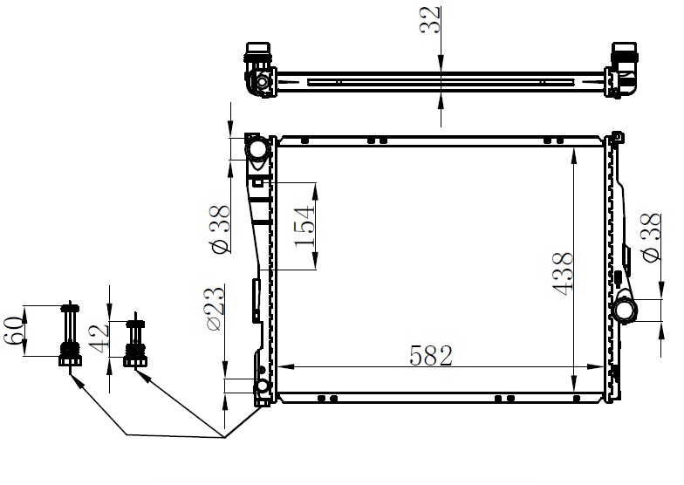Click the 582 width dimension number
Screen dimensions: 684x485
tap(431, 355)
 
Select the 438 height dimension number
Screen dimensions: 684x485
tap(562, 274)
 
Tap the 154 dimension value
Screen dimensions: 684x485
tap(304, 227)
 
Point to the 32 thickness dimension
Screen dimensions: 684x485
tap(430, 20)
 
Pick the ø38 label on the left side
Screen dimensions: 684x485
tap(221, 229)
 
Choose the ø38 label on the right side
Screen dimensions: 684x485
tap(651, 238)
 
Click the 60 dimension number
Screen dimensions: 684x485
tap(13, 331)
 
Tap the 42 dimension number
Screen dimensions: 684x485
tap(99, 338)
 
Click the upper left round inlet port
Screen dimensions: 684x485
tap(258, 149)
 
